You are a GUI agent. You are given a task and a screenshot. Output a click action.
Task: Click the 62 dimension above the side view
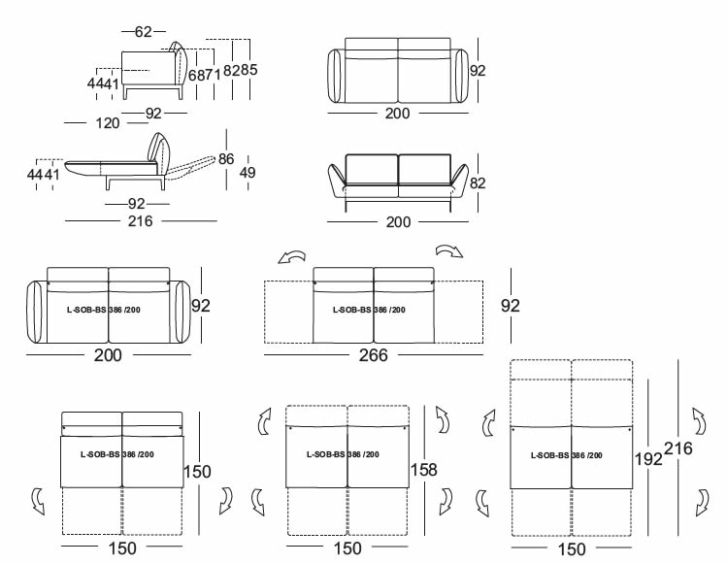point(143,32)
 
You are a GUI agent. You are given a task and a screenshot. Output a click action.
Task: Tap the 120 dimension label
point(109,123)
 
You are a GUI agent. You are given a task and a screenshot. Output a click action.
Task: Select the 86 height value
point(226,158)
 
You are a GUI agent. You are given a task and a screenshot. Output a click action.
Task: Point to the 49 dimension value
point(247,173)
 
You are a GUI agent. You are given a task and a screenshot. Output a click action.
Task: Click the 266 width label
point(373,355)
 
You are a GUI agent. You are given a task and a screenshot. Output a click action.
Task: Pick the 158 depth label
point(424,470)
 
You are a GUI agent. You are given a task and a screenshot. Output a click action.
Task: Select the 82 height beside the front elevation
point(477,182)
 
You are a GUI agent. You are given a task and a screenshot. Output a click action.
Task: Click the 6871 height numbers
point(202,75)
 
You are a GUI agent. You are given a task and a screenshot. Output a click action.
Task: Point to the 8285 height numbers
point(240,70)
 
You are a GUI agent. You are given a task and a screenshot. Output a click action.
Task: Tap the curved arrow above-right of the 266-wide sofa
point(449,251)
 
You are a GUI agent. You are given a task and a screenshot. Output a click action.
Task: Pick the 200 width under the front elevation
point(398,222)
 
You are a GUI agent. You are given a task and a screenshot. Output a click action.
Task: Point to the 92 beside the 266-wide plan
point(510,306)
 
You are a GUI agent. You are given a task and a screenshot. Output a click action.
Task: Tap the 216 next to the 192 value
point(680,448)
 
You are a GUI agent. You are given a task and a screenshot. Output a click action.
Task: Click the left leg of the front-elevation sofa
point(347,207)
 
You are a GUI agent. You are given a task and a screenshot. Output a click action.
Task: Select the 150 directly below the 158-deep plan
point(347,548)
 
